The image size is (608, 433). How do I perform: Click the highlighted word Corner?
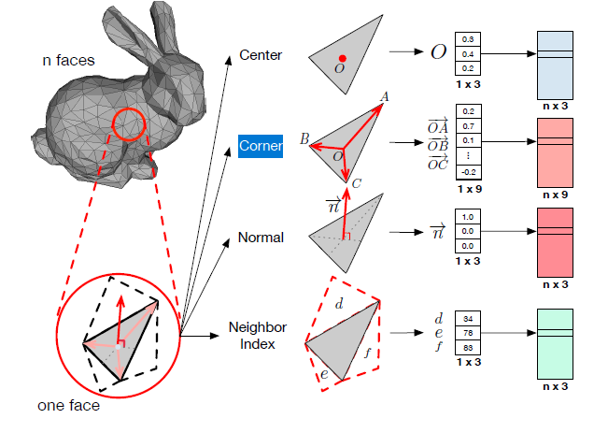(261, 147)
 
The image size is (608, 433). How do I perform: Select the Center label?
(261, 55)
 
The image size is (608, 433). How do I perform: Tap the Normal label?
(261, 238)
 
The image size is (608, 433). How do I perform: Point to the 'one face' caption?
(69, 406)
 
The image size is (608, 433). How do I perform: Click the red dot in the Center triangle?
(343, 58)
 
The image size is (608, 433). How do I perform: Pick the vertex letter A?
(385, 96)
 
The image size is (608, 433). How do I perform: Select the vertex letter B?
(304, 138)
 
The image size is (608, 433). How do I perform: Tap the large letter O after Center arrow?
(437, 52)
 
